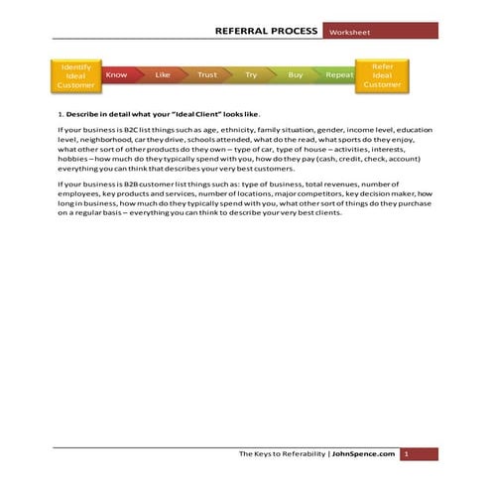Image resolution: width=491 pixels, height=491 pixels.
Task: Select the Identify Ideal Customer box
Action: click(x=75, y=75)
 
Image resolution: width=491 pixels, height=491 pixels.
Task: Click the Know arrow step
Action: click(x=116, y=74)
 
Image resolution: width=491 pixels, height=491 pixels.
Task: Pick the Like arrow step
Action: click(x=164, y=74)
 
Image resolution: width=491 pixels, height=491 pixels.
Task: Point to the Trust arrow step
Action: click(x=207, y=74)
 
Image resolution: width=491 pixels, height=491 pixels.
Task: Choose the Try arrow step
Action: click(x=251, y=74)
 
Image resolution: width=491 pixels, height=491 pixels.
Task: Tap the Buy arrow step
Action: click(x=296, y=74)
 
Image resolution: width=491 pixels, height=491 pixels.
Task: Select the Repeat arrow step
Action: click(x=339, y=74)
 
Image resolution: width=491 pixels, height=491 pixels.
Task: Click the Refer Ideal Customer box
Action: click(x=382, y=75)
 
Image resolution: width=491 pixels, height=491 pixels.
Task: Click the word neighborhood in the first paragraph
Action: click(x=100, y=140)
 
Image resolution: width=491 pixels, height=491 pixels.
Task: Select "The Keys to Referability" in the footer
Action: click(x=283, y=453)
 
